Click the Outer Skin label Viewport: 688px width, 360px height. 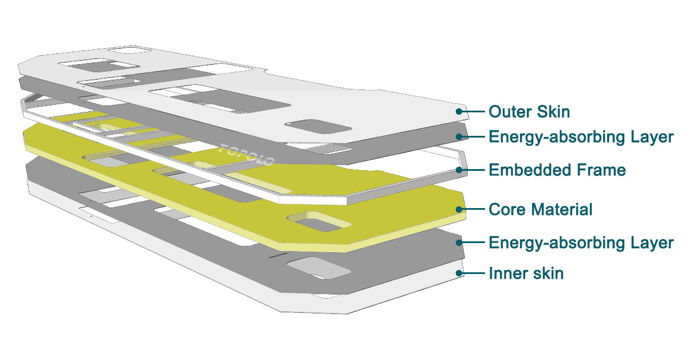(x=529, y=111)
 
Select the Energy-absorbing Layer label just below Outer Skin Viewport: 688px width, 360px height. (x=580, y=137)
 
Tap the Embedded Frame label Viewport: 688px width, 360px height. (x=557, y=170)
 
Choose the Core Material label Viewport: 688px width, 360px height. (x=540, y=210)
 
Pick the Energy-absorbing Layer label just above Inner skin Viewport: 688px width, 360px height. (x=580, y=242)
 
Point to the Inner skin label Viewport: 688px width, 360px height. (x=526, y=273)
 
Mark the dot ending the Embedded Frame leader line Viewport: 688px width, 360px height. (x=459, y=170)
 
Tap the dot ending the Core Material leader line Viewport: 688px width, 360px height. (x=459, y=209)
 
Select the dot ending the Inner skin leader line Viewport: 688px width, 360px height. (x=459, y=273)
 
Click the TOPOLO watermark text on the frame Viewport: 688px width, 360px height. (x=247, y=155)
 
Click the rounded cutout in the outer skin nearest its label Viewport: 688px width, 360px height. (x=318, y=127)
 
